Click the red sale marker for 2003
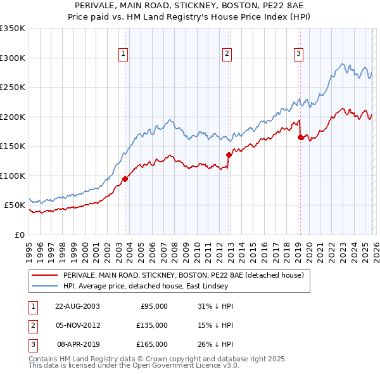(x=125, y=179)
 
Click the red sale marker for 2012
(x=229, y=154)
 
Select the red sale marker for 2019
(x=300, y=137)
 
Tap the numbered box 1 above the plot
(x=123, y=55)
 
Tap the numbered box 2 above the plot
(x=227, y=55)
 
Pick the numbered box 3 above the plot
(x=298, y=55)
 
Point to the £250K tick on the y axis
(x=12, y=87)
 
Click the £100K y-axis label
(x=12, y=176)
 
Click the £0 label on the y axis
(x=19, y=235)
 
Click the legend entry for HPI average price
(x=142, y=286)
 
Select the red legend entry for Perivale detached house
(x=184, y=275)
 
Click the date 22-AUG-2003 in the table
(x=77, y=306)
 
